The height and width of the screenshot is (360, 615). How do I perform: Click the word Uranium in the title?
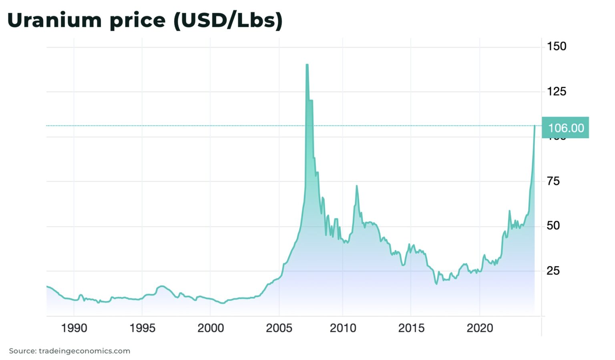[x=54, y=20]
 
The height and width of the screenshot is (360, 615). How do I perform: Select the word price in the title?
[x=137, y=20]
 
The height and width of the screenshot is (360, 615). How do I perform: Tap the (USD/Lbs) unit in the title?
[x=228, y=20]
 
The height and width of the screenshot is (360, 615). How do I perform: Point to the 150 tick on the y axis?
[x=557, y=46]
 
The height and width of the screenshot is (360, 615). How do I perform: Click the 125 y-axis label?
[x=557, y=92]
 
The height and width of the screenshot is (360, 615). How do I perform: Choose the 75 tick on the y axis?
[x=553, y=181]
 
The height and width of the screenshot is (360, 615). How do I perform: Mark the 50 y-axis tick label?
[x=553, y=226]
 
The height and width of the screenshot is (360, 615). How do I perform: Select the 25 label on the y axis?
[x=553, y=271]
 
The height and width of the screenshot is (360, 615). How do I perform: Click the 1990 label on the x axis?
[x=74, y=328]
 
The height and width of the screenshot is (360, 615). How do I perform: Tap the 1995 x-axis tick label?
[x=143, y=328]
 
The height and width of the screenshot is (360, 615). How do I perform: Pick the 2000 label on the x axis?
[x=211, y=328]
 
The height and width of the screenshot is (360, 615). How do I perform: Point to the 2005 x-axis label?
[x=279, y=328]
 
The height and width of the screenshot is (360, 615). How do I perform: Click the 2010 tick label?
[x=343, y=328]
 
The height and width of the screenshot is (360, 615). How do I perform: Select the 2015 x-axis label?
[x=411, y=328]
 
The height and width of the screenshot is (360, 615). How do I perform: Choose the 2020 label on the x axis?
[x=480, y=328]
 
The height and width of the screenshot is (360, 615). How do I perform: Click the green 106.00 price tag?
[x=565, y=128]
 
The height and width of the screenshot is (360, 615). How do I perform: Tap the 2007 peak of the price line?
[x=307, y=65]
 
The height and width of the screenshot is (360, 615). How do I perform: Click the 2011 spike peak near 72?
[x=356, y=186]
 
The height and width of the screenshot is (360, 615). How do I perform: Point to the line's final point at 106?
[x=535, y=126]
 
